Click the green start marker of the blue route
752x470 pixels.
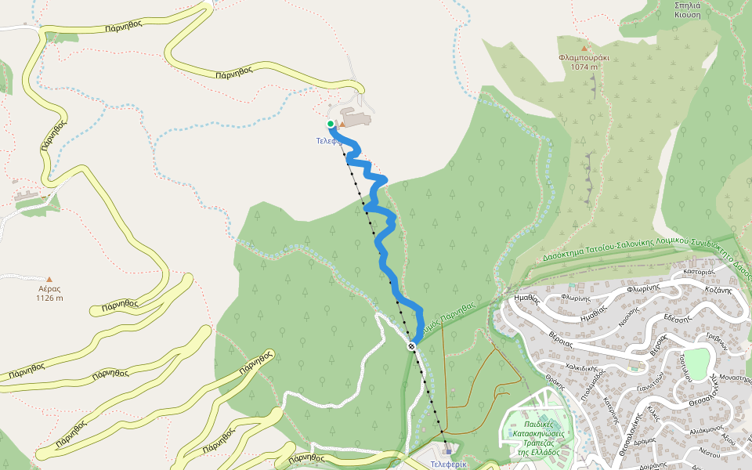331,124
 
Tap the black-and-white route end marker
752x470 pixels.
411,345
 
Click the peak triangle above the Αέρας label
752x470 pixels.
49,279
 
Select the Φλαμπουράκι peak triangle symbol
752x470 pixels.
583,48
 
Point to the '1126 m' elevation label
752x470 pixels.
49,298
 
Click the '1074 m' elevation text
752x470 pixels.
584,67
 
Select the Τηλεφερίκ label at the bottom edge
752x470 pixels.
448,464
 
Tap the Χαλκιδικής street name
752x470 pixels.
582,371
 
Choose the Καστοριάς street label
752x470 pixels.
700,272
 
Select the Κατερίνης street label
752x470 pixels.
606,407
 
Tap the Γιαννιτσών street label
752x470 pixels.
652,385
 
